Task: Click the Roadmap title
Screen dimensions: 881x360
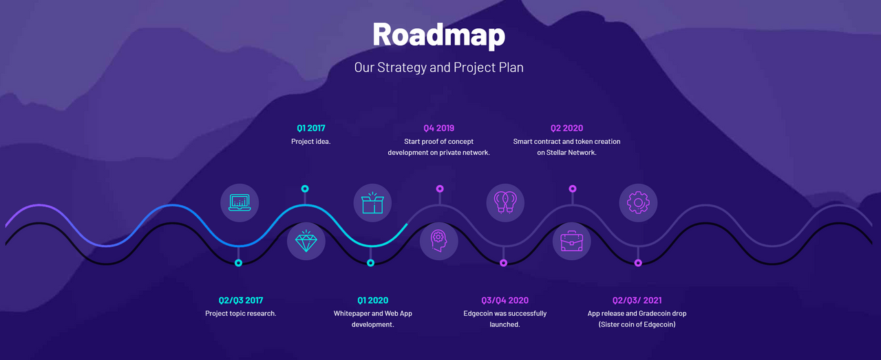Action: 439,35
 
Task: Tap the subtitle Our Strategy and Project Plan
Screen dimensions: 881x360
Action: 439,67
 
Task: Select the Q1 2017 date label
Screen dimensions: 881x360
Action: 311,128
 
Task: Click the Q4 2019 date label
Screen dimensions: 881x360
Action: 439,128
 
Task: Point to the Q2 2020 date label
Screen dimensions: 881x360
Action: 566,128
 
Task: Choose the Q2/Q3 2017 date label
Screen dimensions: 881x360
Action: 241,300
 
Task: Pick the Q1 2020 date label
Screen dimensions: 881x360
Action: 373,300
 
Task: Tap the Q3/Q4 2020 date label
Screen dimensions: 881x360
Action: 505,300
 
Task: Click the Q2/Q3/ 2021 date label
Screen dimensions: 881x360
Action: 637,300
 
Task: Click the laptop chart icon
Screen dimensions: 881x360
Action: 240,202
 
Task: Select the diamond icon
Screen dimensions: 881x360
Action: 306,241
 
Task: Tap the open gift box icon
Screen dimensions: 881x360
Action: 372,202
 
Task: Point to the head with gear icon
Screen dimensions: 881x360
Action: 439,241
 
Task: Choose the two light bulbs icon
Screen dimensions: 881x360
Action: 505,202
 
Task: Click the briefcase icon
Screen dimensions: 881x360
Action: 571,241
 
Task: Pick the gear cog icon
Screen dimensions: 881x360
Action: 638,202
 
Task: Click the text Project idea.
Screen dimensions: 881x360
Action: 310,141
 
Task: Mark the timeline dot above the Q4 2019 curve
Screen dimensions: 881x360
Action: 440,189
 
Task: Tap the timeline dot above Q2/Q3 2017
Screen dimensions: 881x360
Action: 238,263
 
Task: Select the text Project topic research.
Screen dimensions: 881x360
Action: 241,314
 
